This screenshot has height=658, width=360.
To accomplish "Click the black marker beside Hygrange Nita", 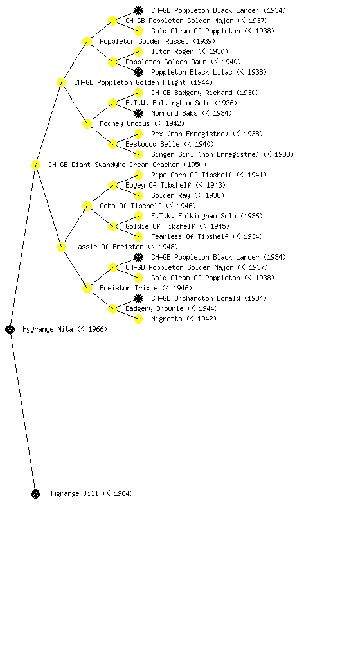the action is (10, 329).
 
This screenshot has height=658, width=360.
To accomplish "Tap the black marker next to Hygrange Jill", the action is (35, 493).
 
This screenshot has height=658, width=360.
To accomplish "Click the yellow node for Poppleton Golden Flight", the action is (61, 82).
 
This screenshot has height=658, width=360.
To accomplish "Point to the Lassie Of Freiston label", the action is (109, 247).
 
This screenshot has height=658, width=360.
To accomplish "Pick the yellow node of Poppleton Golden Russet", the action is (87, 41).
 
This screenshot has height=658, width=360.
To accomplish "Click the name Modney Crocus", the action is (125, 123).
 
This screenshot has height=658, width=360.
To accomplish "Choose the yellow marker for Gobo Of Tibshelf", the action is (87, 206).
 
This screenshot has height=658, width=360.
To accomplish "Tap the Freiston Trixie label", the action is (129, 288).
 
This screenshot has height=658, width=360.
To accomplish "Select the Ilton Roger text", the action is (172, 51).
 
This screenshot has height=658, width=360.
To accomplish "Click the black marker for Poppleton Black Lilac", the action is (138, 72).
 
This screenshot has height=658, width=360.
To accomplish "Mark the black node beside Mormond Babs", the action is (138, 113).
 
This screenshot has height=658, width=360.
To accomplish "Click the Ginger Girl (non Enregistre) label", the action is (205, 154).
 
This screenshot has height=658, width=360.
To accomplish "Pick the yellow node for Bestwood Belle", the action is (113, 144).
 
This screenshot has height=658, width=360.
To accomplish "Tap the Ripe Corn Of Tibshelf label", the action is (192, 175).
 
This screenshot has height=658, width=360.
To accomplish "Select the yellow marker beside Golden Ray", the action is (138, 195).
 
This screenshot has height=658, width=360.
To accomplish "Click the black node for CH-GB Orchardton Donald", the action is (138, 298).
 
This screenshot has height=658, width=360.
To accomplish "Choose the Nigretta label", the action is (166, 319).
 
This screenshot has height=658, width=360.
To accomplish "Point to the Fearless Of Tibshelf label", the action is (190, 236).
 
